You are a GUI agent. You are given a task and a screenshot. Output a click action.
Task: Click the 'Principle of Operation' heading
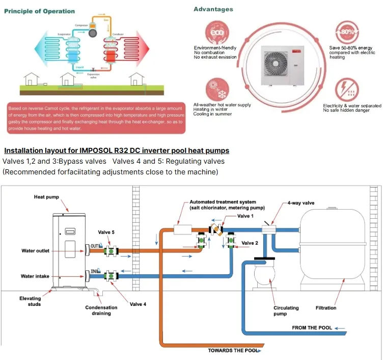[x=39, y=11]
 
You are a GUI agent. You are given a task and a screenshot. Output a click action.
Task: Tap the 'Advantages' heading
[x=213, y=9]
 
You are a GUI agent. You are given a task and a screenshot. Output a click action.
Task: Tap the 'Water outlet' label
[x=35, y=250]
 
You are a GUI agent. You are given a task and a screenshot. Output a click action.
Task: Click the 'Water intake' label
[x=35, y=276]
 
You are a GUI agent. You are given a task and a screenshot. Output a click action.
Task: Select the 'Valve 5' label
[x=106, y=232]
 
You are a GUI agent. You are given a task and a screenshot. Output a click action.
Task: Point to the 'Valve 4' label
[x=138, y=304]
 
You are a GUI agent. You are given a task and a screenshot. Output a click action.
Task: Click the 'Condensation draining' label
[x=101, y=310]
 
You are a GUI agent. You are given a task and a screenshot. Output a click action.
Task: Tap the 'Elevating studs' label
[x=30, y=301]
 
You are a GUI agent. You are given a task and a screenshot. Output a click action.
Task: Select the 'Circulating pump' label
[x=286, y=311]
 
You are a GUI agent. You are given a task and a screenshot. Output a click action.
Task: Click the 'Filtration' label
[x=326, y=307]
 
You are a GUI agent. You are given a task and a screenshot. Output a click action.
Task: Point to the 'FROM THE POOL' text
[x=312, y=327]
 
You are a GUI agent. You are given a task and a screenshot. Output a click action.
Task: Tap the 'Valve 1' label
[x=247, y=216]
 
